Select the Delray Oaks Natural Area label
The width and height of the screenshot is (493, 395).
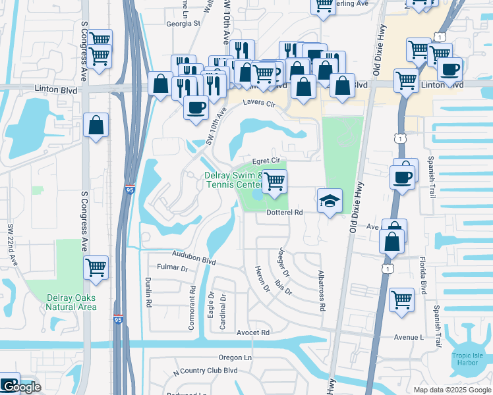[x=72, y=302]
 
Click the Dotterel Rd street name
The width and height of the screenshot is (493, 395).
[x=284, y=213]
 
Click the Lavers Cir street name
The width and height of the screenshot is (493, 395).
[x=258, y=103]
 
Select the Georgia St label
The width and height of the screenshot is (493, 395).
[x=183, y=23]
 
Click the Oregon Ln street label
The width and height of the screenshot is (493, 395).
[x=236, y=357]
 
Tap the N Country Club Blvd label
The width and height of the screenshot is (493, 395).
[x=205, y=371]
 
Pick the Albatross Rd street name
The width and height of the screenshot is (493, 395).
[x=321, y=289]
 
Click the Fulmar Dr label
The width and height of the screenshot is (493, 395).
[x=173, y=268]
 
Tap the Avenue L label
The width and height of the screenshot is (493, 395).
[x=409, y=337]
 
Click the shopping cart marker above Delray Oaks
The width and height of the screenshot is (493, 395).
[x=96, y=267]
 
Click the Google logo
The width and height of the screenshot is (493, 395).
[x=21, y=387]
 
